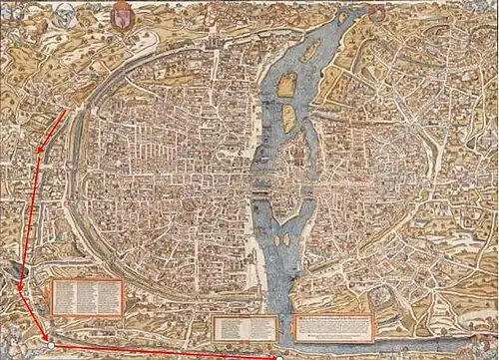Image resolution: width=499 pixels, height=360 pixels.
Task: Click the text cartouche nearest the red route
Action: (x=87, y=295)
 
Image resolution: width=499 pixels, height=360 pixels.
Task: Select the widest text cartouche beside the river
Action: (x=333, y=323)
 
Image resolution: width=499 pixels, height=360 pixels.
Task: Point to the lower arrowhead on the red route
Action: (x=19, y=292)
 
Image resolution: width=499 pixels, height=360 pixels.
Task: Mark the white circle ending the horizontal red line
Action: (x=280, y=356)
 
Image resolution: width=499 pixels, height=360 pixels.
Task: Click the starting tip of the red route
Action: (x=66, y=112)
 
